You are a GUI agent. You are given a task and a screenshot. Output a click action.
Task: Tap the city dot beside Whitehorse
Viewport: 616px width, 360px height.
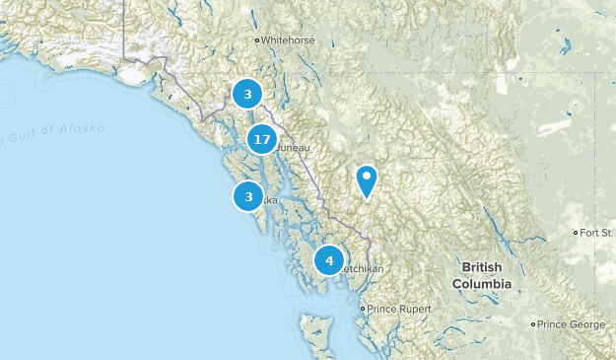pyautogui.click(x=258, y=40)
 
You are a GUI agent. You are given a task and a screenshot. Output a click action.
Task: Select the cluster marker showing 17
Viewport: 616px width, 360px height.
pyautogui.click(x=261, y=140)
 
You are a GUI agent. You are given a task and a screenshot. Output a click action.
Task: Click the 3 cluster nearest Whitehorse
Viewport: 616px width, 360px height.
pyautogui.click(x=247, y=95)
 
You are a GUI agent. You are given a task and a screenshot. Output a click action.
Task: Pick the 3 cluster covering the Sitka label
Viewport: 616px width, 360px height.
pyautogui.click(x=248, y=197)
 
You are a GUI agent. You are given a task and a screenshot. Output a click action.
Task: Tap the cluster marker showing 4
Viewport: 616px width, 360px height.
pyautogui.click(x=329, y=261)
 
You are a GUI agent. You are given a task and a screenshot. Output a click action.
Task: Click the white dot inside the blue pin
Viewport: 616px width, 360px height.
pyautogui.click(x=367, y=178)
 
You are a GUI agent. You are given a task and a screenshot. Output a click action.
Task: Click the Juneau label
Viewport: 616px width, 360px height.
pyautogui.click(x=294, y=148)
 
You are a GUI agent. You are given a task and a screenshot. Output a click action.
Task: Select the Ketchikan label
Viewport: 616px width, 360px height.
pyautogui.click(x=361, y=268)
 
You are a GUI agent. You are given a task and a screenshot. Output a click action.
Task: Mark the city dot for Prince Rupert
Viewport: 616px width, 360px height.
pyautogui.click(x=363, y=309)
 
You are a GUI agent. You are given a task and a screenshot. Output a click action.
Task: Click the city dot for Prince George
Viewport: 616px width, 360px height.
pyautogui.click(x=534, y=324)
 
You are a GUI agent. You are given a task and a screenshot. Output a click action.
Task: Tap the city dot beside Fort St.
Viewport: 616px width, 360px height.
pyautogui.click(x=577, y=233)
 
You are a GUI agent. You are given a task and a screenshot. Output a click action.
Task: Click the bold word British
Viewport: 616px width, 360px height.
pyautogui.click(x=482, y=268)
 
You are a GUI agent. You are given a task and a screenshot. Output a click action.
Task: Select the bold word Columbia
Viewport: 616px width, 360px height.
pyautogui.click(x=482, y=283)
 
